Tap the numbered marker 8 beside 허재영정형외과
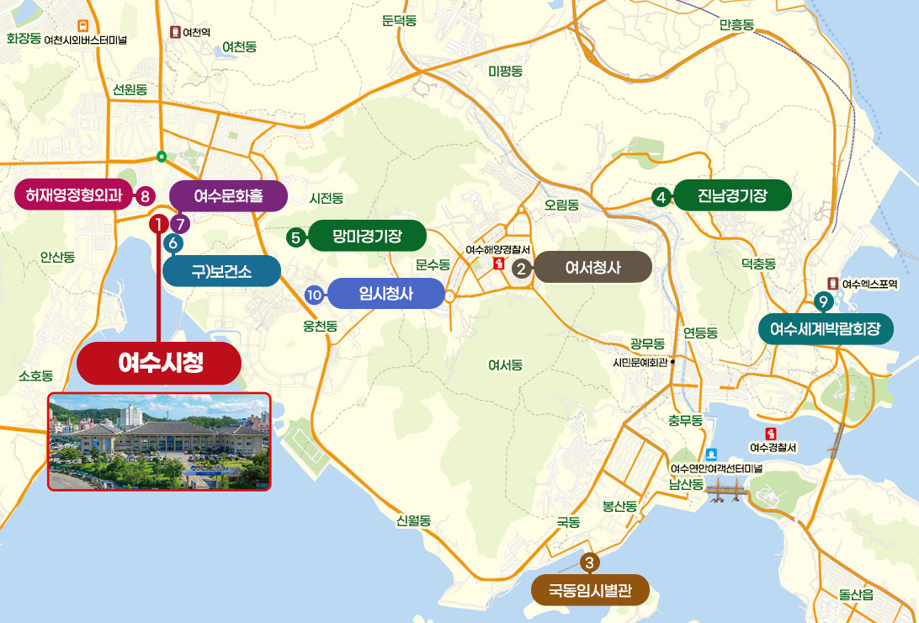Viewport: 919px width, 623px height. click(x=145, y=197)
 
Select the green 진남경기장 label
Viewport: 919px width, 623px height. click(x=732, y=196)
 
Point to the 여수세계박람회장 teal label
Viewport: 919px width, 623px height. click(x=825, y=329)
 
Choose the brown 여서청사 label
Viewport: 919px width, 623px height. click(x=592, y=269)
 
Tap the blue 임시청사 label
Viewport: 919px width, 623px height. click(x=384, y=294)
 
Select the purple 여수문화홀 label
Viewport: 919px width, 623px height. click(x=228, y=196)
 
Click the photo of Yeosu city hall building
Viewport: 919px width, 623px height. click(x=160, y=442)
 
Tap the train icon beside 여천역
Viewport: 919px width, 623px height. click(x=175, y=32)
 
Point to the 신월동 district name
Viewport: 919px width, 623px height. click(x=413, y=521)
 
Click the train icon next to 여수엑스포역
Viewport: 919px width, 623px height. click(x=833, y=284)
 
